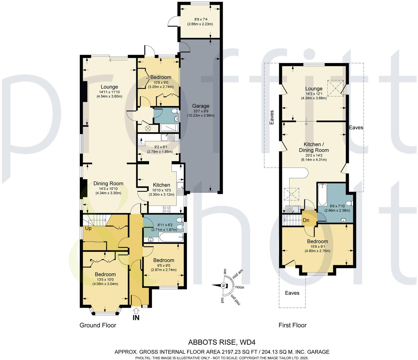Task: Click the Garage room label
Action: tap(201, 106)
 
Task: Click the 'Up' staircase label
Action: tap(88, 229)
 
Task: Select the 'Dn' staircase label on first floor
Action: tap(306, 220)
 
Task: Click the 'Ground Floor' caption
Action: tap(98, 325)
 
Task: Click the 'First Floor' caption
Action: tap(292, 325)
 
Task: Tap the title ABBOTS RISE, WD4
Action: tap(221, 342)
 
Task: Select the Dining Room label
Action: tap(108, 184)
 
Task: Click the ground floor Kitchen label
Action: tap(161, 185)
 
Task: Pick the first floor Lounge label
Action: tap(314, 89)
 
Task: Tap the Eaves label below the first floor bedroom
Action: tap(292, 293)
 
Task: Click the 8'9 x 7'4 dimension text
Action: tap(200, 19)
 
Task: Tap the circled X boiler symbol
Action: tap(148, 129)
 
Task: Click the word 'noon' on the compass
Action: tap(240, 287)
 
